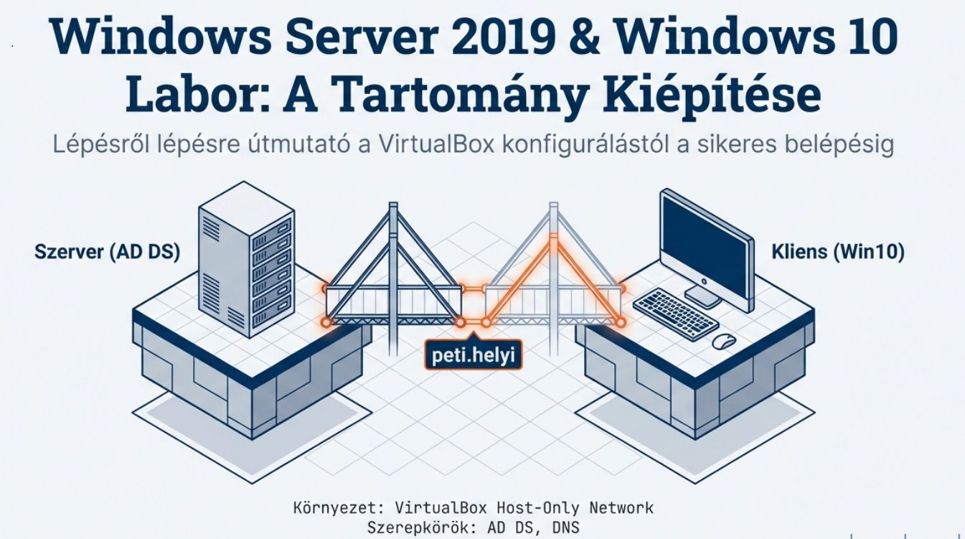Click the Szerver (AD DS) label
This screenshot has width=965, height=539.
(107, 252)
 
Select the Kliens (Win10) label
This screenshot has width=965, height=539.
(837, 252)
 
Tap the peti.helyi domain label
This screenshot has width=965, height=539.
(473, 354)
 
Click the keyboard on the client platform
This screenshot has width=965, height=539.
(675, 311)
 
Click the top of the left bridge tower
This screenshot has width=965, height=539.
(392, 208)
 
